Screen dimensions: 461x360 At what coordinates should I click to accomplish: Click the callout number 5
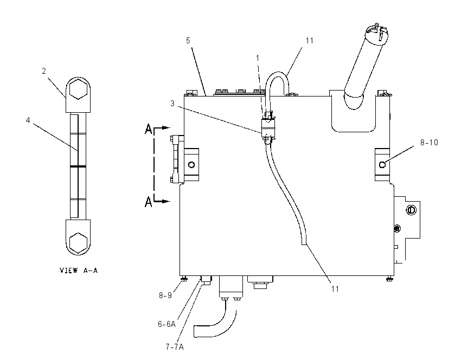188,41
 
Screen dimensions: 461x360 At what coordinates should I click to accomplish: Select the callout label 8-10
429,143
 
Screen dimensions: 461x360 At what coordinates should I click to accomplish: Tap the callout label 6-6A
167,324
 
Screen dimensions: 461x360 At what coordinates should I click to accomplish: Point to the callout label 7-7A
175,347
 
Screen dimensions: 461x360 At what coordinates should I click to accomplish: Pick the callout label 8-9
165,295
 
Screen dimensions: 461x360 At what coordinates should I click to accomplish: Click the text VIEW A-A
79,270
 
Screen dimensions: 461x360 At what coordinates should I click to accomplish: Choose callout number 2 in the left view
44,71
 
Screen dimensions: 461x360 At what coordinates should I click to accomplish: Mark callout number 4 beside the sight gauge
28,120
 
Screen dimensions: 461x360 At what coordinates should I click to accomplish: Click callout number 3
172,103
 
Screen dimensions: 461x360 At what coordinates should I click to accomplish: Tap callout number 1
258,58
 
